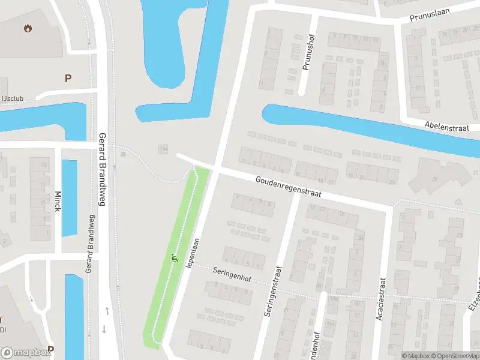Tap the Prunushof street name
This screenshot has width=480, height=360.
pyautogui.click(x=308, y=52)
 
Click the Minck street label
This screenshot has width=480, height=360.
pyautogui.click(x=58, y=205)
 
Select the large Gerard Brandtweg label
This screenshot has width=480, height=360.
pyautogui.click(x=102, y=169)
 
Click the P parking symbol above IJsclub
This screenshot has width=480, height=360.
pyautogui.click(x=68, y=77)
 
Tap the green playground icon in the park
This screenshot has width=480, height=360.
pyautogui.click(x=175, y=259)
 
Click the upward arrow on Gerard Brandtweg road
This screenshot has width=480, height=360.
pyautogui.click(x=106, y=311)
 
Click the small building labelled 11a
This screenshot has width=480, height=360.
pyautogui.click(x=163, y=149)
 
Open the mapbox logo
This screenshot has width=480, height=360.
pyautogui.click(x=25, y=353)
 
